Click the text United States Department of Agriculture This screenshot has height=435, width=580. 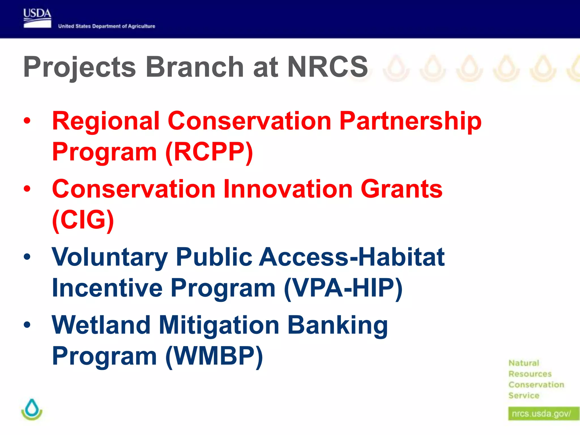click(106, 26)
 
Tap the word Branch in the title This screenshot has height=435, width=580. click(195, 67)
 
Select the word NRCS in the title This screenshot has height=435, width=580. click(327, 67)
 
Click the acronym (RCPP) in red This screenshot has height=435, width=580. click(209, 152)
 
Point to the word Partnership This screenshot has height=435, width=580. click(410, 121)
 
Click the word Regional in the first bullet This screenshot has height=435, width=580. click(106, 121)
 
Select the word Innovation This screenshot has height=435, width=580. click(288, 189)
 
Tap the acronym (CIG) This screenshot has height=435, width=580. click(83, 220)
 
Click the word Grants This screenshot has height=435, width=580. click(401, 189)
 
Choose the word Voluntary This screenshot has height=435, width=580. click(110, 257)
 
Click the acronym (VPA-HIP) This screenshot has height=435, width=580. click(343, 288)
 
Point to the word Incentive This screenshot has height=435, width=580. click(107, 288)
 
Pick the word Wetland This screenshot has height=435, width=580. click(101, 325)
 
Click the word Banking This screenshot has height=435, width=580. click(337, 325)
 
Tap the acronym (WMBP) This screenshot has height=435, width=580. click(214, 356)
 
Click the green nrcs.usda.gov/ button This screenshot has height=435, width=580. click(542, 414)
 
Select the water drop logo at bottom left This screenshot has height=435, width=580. click(32, 409)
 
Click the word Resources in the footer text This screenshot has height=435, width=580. click(530, 374)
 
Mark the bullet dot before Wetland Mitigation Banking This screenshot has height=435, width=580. click(27, 325)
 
